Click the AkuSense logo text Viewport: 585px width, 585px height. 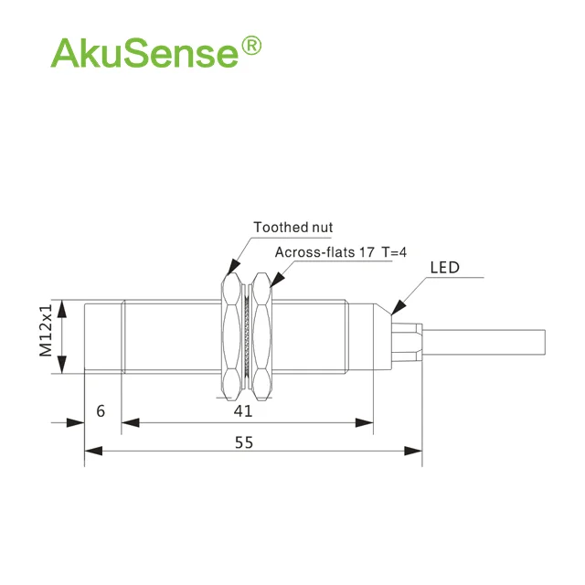click(144, 52)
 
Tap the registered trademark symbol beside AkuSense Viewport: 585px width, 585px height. click(252, 46)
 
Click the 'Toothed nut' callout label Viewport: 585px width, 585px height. click(292, 228)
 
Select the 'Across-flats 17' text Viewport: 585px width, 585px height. click(324, 252)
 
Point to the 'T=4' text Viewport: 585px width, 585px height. click(394, 252)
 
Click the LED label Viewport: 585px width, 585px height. click(445, 268)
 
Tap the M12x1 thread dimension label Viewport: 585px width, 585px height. click(47, 330)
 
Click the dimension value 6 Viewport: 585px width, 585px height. click(101, 411)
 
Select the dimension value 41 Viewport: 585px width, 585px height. click(243, 411)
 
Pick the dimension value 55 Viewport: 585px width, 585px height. click(244, 442)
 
